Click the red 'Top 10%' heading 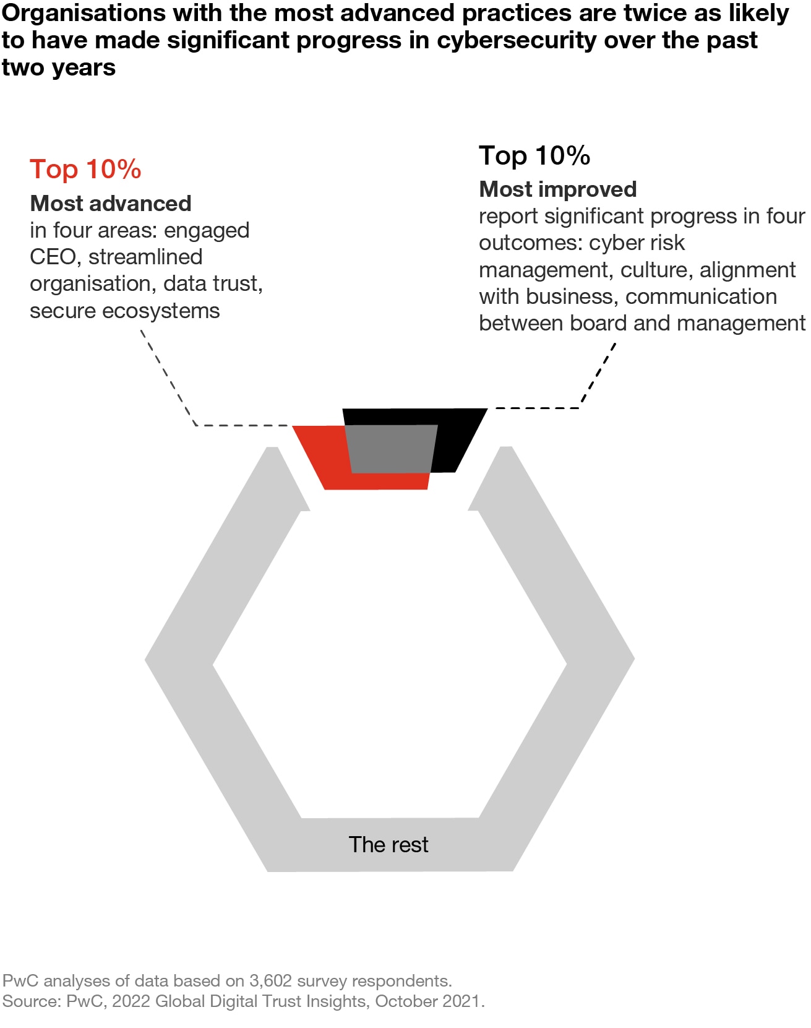click(85, 169)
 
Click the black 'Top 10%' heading click(534, 155)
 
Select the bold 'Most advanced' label click(111, 204)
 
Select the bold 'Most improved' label click(557, 189)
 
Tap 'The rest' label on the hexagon click(388, 845)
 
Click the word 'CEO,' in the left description click(53, 257)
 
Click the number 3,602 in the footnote click(270, 981)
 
